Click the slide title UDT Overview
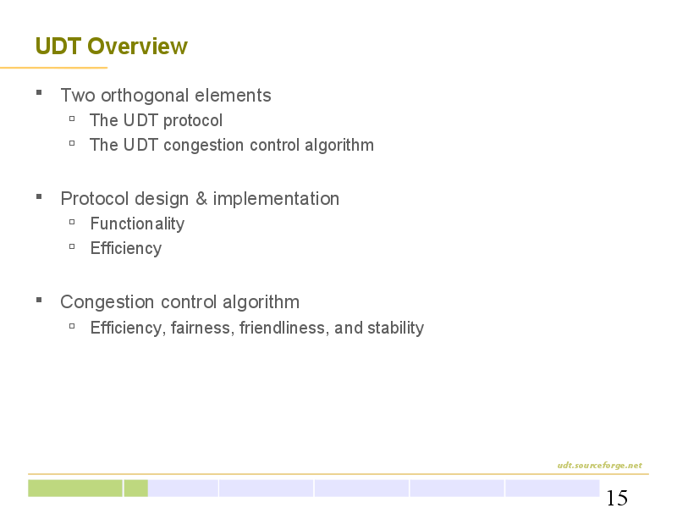point(112,47)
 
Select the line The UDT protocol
point(156,120)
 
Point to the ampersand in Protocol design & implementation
point(201,199)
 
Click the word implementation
point(276,199)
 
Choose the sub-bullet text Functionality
point(137,224)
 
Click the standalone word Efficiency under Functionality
point(126,248)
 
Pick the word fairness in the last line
point(202,328)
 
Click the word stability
point(395,328)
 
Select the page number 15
point(617,498)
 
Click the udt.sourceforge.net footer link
point(600,465)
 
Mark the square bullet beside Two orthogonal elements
point(39,92)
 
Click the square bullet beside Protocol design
point(39,196)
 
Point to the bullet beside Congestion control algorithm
point(39,300)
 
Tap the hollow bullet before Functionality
point(72,222)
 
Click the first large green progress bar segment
point(75,489)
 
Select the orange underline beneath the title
point(53,68)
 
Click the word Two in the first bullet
point(78,96)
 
